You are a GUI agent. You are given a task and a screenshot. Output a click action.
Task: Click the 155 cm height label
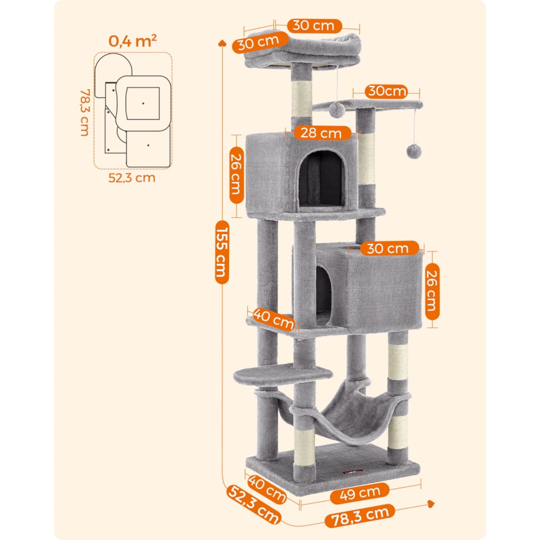pyautogui.click(x=222, y=252)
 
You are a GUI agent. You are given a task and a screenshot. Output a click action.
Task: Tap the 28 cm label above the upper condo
pyautogui.click(x=322, y=133)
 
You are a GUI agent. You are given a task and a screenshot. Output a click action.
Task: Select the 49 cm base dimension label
pyautogui.click(x=360, y=493)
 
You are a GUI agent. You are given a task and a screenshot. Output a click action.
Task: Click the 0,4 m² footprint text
pyautogui.click(x=133, y=41)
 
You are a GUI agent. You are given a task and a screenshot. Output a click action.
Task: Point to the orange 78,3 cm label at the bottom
pyautogui.click(x=360, y=515)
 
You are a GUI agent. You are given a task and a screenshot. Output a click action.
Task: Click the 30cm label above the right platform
pyautogui.click(x=387, y=91)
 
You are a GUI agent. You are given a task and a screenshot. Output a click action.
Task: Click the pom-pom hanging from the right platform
pyautogui.click(x=414, y=151)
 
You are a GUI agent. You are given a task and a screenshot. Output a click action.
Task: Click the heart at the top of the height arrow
pyautogui.click(x=222, y=43)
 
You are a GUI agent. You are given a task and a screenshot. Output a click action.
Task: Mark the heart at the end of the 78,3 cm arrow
pyautogui.click(x=430, y=504)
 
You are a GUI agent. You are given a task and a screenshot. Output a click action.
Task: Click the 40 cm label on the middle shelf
pyautogui.click(x=274, y=319)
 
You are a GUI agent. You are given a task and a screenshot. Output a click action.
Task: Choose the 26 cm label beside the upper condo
pyautogui.click(x=237, y=175)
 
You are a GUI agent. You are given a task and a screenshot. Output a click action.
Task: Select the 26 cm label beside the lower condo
pyautogui.click(x=432, y=291)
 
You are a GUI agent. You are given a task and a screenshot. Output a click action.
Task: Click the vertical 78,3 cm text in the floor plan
pyautogui.click(x=85, y=113)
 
